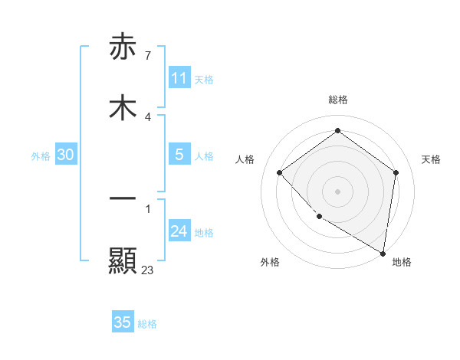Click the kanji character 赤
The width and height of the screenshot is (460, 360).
(x=123, y=47)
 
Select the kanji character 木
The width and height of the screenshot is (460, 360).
(x=123, y=108)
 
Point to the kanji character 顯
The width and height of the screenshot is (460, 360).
(x=123, y=261)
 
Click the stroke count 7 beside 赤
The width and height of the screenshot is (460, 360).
(x=147, y=56)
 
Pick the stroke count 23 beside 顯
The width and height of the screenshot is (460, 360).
(x=148, y=270)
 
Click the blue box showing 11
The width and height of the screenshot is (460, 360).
(x=179, y=78)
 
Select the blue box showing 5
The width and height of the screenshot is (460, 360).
(x=179, y=155)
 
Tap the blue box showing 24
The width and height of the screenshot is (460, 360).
(x=179, y=231)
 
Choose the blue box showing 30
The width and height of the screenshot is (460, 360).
(x=66, y=155)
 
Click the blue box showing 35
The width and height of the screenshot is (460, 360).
(x=123, y=322)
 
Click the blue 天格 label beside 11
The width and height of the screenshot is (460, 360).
(x=204, y=80)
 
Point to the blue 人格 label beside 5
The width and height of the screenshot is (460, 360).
(x=204, y=156)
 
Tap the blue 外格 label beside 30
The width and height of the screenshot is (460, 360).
(x=41, y=156)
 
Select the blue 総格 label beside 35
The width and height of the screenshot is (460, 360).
(x=148, y=324)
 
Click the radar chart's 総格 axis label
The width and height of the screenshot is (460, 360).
(x=338, y=100)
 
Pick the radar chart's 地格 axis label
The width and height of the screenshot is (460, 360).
(x=402, y=262)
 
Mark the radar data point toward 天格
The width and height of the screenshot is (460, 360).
(x=396, y=172)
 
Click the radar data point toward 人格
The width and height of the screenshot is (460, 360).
(x=280, y=172)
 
